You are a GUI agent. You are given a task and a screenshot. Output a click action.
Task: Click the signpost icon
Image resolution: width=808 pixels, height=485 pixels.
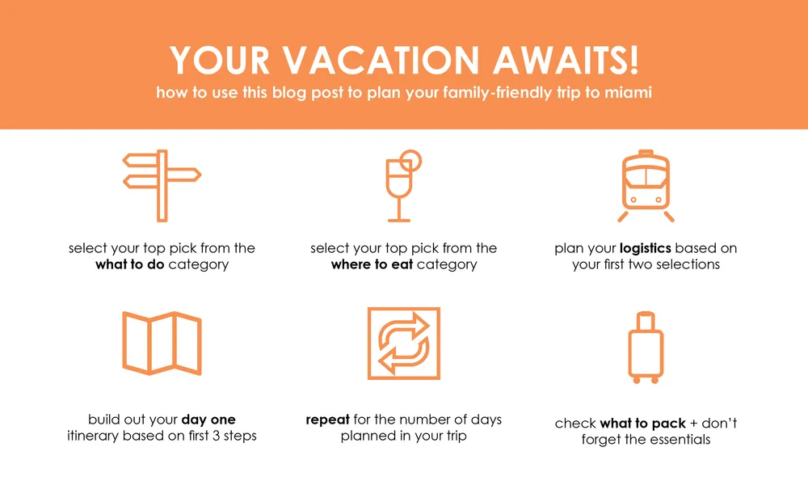pos(162,185)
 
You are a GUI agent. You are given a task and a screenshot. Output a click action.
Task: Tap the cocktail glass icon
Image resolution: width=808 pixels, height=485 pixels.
pos(400,186)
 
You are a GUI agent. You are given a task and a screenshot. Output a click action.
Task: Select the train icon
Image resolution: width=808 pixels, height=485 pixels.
pos(646,185)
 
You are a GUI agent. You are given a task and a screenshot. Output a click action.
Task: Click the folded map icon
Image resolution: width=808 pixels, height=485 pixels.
pos(162,344)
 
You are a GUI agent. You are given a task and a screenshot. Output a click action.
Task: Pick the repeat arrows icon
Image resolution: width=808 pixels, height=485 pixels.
pos(403,344)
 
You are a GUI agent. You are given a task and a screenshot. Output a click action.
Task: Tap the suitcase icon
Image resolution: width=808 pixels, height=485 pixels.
pos(646,346)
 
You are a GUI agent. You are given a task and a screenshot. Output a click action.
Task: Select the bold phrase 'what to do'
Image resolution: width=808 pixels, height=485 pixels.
pos(130,264)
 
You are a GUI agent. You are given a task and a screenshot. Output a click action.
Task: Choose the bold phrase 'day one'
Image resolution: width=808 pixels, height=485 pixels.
pos(208,420)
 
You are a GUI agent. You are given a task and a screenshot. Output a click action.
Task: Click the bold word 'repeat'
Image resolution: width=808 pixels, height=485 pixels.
pos(326,420)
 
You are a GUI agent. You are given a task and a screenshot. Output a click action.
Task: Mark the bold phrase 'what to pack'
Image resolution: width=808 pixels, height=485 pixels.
pos(642,424)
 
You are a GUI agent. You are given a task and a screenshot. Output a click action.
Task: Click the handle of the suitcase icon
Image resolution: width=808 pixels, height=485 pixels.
pos(646,320)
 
